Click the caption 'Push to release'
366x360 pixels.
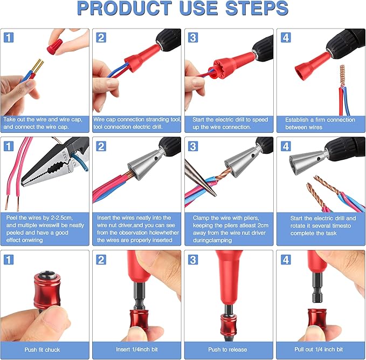[x=227, y=349]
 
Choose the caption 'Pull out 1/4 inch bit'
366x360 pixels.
[x=319, y=349]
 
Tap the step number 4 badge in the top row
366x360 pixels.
[x=285, y=37]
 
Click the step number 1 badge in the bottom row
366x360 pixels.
[x=9, y=260]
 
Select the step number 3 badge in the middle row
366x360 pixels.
[x=193, y=146]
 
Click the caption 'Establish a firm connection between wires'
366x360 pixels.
[x=319, y=123]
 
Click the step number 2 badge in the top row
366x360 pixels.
[x=101, y=37]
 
